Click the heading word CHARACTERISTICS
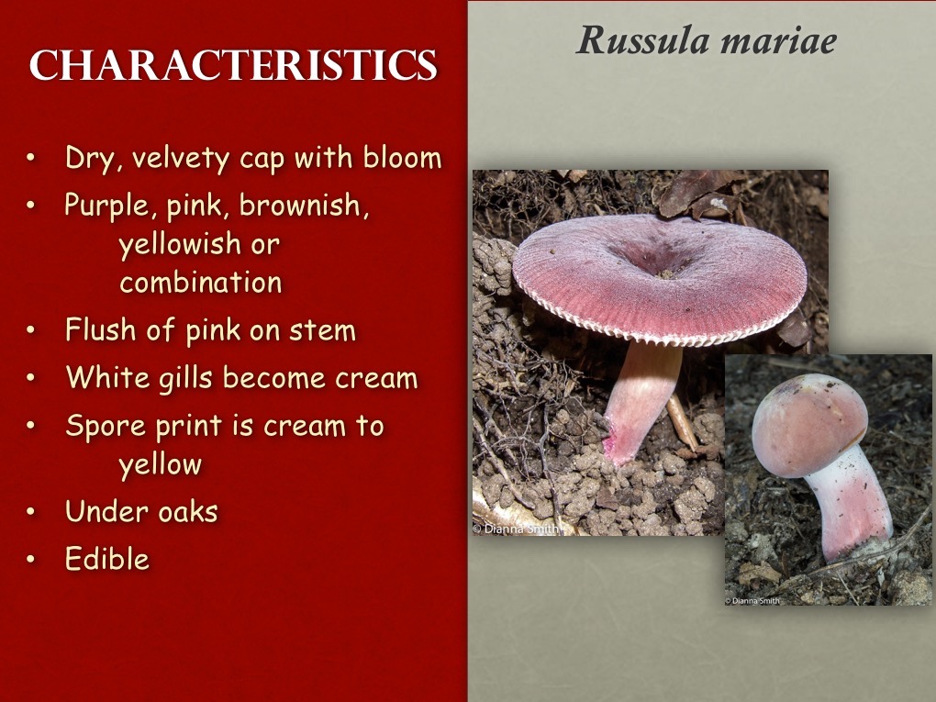click(233, 66)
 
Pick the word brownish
click(304, 206)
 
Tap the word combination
click(200, 283)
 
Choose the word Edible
click(106, 559)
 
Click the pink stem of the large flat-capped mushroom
click(643, 395)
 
